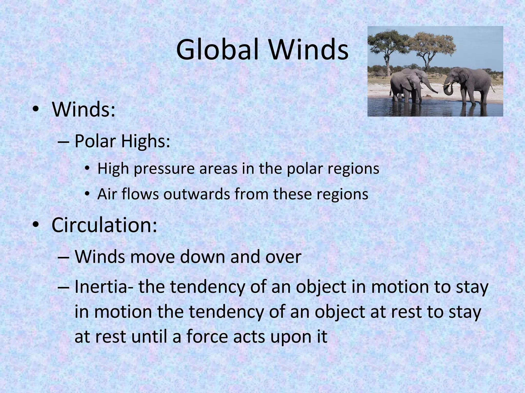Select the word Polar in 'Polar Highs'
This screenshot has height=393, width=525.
pyautogui.click(x=95, y=141)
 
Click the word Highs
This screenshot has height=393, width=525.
pyautogui.click(x=145, y=141)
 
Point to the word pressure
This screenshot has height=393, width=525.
pyautogui.click(x=164, y=169)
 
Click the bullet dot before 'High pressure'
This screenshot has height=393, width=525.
pyautogui.click(x=87, y=169)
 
